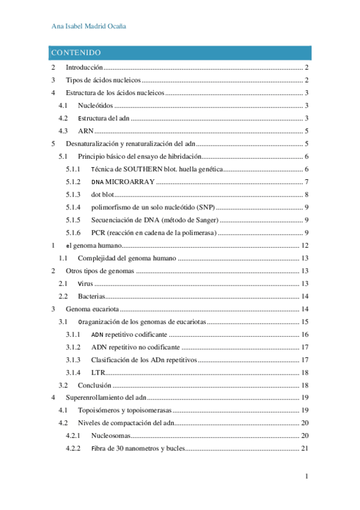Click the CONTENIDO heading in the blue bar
[76, 53]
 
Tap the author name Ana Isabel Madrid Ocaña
[88, 27]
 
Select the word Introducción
[84, 68]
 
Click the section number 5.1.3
[73, 194]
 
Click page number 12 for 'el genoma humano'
[304, 245]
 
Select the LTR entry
[98, 372]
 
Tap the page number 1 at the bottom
[307, 477]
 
